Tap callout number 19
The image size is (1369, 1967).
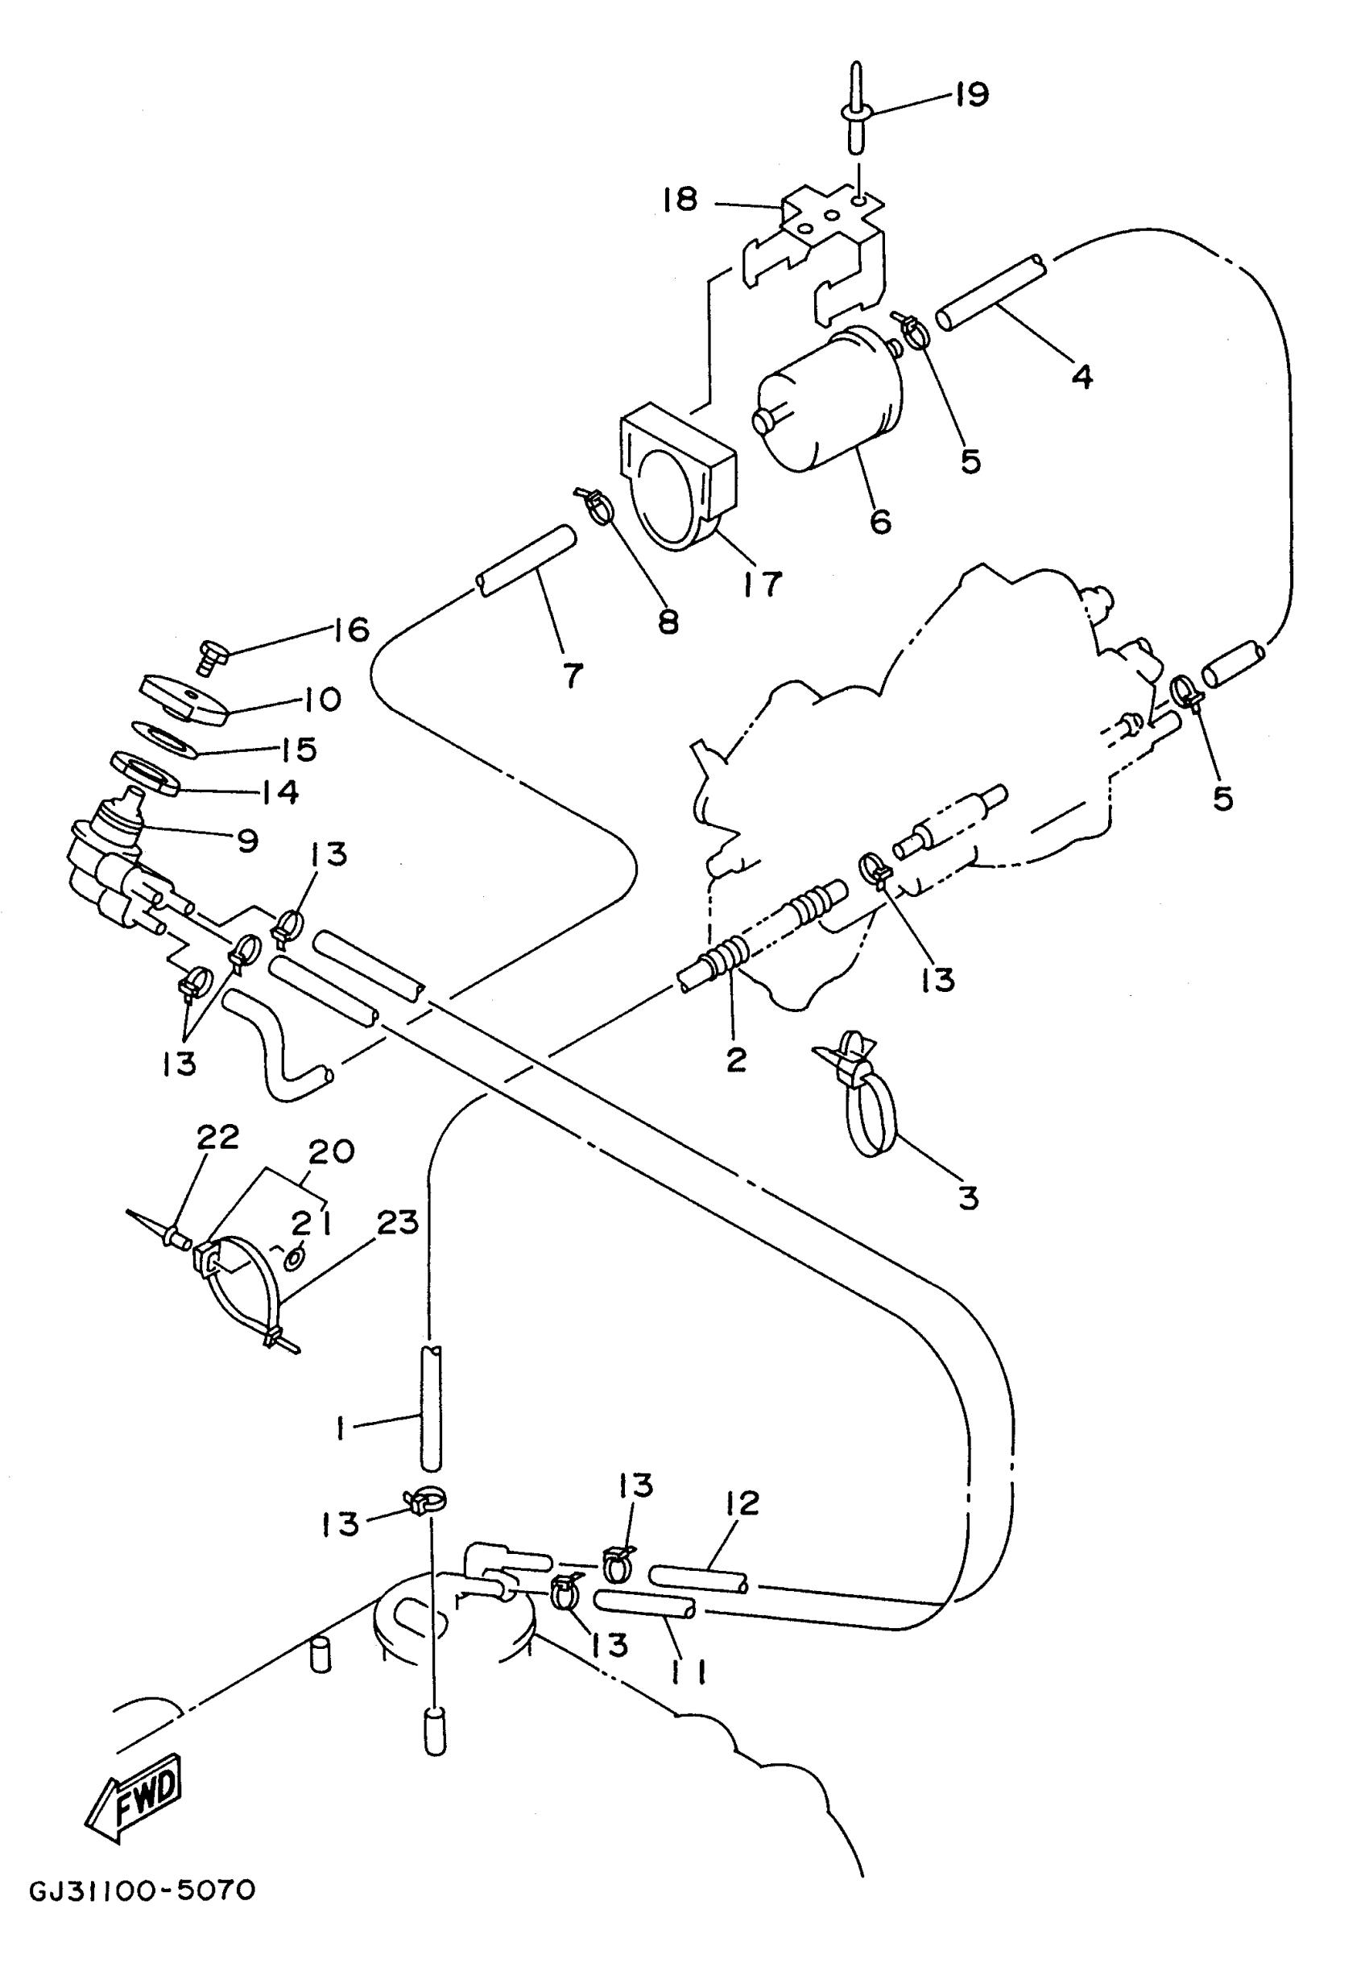[971, 93]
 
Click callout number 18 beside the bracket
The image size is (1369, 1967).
[680, 200]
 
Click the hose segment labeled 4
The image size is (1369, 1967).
[992, 291]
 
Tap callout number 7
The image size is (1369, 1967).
[573, 674]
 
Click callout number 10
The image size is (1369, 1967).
[321, 699]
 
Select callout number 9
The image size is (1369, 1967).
[247, 841]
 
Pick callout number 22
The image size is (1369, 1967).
[217, 1137]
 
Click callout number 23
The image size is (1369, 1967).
[398, 1222]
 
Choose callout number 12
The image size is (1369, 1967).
[742, 1502]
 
